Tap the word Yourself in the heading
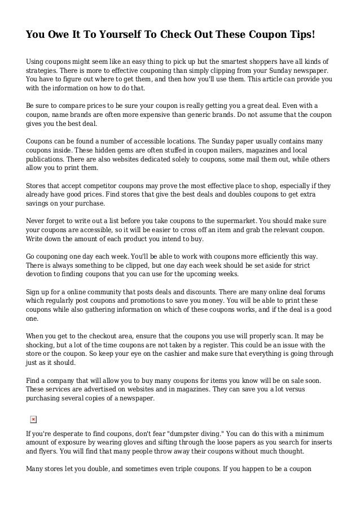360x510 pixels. (120, 34)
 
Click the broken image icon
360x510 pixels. (33, 419)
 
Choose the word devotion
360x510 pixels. (42, 274)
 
